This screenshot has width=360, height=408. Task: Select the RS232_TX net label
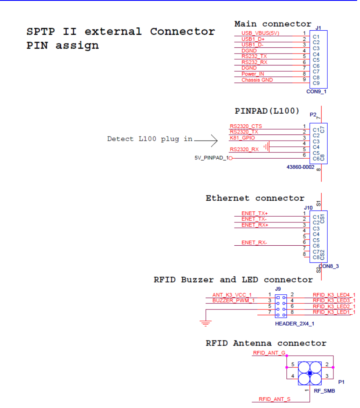coord(254,56)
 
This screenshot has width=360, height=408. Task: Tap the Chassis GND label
coord(257,80)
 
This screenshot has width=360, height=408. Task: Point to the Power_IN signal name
coord(253,74)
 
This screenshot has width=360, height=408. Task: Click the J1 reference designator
coord(318,28)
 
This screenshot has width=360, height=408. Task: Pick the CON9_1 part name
coord(317,92)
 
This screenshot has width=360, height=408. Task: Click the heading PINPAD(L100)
coord(267,111)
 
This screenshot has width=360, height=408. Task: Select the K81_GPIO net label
coord(242,138)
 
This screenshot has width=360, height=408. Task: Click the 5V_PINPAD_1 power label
coord(211,158)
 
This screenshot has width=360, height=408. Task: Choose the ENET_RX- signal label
coord(254,243)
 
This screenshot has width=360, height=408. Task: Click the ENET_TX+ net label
coord(254,213)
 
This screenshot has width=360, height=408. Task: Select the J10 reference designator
coord(308,208)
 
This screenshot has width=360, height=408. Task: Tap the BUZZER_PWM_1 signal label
coord(234,300)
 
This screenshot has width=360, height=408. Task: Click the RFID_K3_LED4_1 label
coord(334,295)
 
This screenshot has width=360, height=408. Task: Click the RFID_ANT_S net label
coord(274,399)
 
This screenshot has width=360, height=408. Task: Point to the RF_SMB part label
coord(324,391)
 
